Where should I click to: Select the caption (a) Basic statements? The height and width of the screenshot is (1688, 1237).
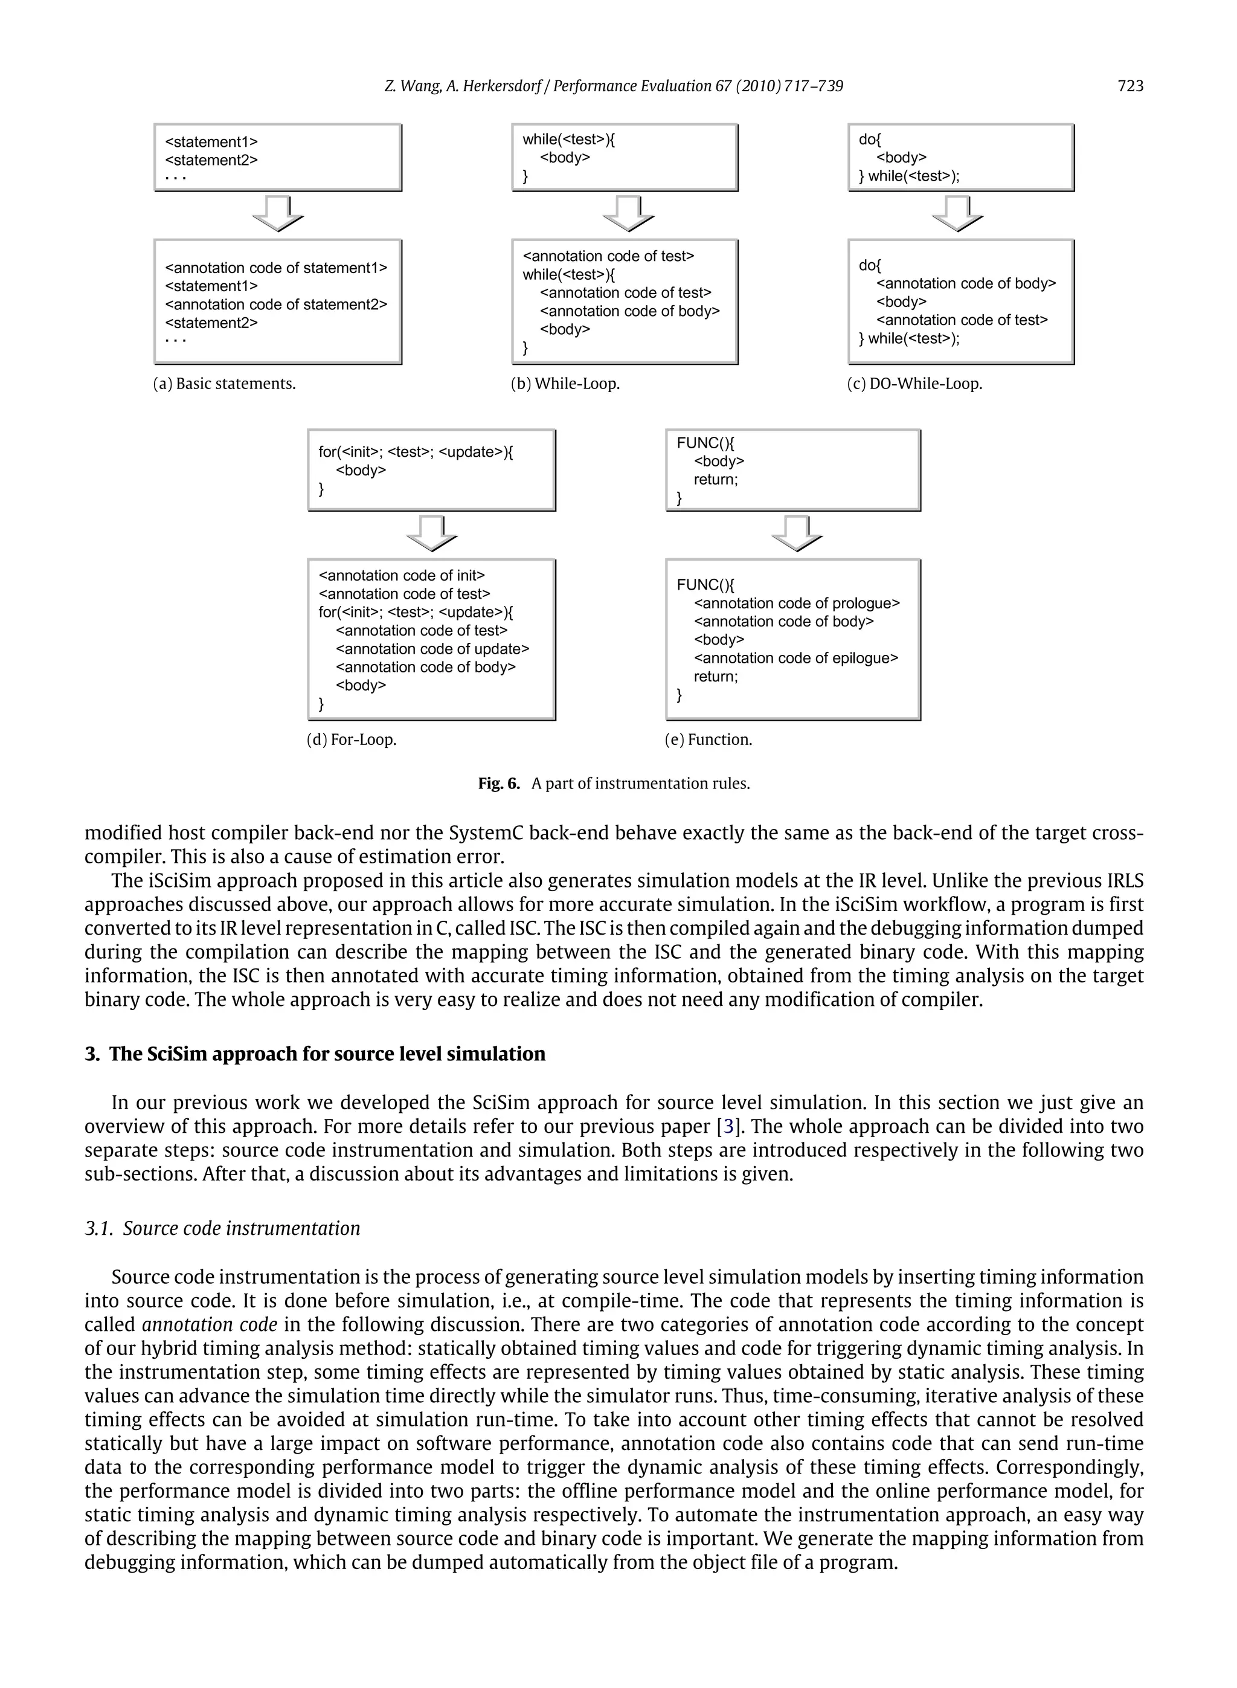pyautogui.click(x=224, y=384)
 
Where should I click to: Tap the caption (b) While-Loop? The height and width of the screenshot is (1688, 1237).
pyautogui.click(x=565, y=384)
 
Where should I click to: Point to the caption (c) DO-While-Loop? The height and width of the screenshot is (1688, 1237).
pyautogui.click(x=914, y=384)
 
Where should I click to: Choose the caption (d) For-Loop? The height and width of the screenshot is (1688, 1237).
pyautogui.click(x=351, y=740)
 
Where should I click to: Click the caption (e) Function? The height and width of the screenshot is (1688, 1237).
pyautogui.click(x=708, y=740)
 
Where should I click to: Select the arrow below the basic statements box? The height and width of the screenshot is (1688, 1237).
pyautogui.click(x=278, y=213)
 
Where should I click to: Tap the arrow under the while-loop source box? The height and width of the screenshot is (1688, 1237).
pyautogui.click(x=628, y=213)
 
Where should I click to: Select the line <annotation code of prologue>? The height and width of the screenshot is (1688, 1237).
pyautogui.click(x=797, y=604)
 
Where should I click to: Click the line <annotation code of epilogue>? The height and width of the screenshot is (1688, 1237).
pyautogui.click(x=796, y=659)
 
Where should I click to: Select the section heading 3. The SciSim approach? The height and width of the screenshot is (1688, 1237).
pyautogui.click(x=315, y=1054)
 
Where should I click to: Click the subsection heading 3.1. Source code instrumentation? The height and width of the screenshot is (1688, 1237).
pyautogui.click(x=222, y=1228)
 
